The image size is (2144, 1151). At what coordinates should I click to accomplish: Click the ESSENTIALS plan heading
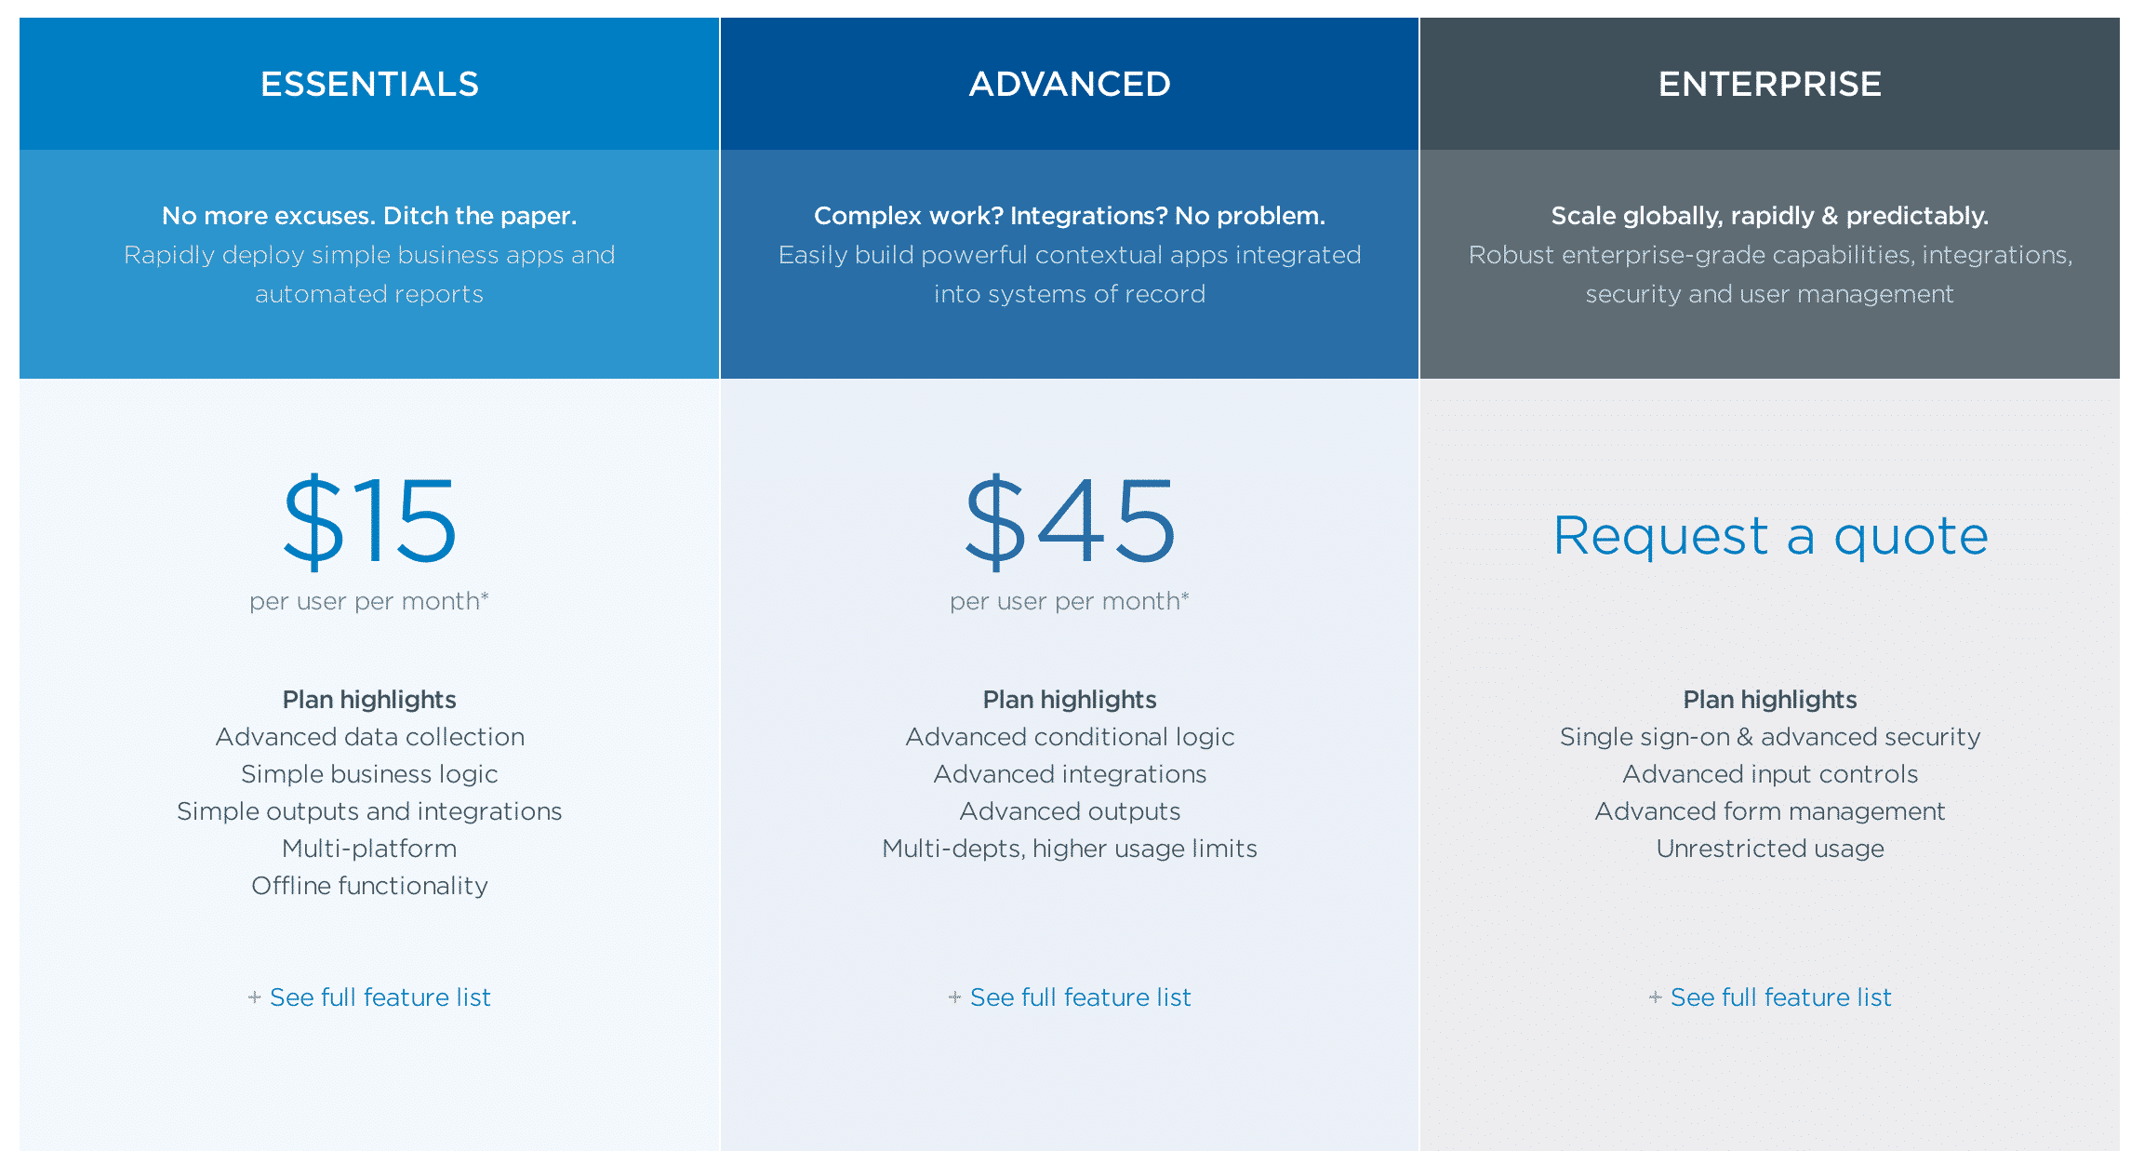pyautogui.click(x=369, y=85)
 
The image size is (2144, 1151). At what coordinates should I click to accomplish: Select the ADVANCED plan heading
pyautogui.click(x=1070, y=85)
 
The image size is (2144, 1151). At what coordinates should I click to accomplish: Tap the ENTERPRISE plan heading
pyautogui.click(x=1769, y=85)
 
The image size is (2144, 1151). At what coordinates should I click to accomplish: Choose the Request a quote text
pyautogui.click(x=1770, y=537)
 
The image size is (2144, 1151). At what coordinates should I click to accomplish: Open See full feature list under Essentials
pyautogui.click(x=380, y=997)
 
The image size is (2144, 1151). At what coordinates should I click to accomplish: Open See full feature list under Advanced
pyautogui.click(x=1080, y=997)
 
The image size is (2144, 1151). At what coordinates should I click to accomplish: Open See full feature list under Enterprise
pyautogui.click(x=1780, y=997)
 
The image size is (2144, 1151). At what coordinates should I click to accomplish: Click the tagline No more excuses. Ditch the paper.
pyautogui.click(x=369, y=216)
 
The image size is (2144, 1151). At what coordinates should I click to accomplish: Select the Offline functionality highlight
pyautogui.click(x=369, y=886)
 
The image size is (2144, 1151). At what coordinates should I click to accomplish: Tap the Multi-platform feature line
pyautogui.click(x=369, y=849)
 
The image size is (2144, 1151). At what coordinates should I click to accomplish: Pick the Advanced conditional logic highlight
pyautogui.click(x=1070, y=737)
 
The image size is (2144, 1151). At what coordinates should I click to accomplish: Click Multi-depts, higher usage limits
pyautogui.click(x=1070, y=849)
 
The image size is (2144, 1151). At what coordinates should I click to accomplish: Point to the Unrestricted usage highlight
pyautogui.click(x=1770, y=849)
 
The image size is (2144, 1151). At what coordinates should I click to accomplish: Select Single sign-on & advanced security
pyautogui.click(x=1770, y=737)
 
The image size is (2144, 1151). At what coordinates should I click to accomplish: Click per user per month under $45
pyautogui.click(x=1070, y=602)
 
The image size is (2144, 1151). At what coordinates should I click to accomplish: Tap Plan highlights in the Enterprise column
pyautogui.click(x=1770, y=700)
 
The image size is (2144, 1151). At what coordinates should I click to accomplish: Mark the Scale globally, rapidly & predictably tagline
pyautogui.click(x=1769, y=216)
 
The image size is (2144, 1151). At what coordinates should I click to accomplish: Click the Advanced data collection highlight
pyautogui.click(x=369, y=737)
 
